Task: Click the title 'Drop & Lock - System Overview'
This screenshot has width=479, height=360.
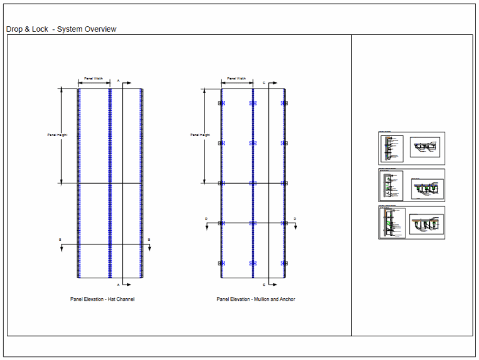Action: [61, 29]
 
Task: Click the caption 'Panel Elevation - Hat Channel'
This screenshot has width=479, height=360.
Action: [102, 299]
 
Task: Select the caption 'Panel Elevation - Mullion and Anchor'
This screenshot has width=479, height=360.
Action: [256, 299]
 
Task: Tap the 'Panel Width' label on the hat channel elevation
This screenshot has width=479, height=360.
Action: [94, 79]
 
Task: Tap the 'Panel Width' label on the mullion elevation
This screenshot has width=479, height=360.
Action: [236, 79]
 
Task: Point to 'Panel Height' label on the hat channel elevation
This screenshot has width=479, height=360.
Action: [57, 135]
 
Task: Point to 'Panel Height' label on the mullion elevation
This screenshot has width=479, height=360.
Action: [200, 135]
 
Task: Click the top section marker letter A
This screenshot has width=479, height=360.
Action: [119, 80]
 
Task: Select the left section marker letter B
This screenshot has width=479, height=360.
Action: [60, 240]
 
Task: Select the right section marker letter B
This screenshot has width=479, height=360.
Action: [149, 240]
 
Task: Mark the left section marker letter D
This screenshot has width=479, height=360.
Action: [206, 218]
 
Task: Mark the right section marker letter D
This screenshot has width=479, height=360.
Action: [295, 218]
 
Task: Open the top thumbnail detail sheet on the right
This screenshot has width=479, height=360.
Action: [411, 148]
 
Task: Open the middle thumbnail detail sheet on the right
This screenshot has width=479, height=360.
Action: [411, 185]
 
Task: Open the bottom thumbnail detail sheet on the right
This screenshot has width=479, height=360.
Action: [411, 223]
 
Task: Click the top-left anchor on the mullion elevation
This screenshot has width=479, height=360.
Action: [220, 104]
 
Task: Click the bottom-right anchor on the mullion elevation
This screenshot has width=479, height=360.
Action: [285, 263]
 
